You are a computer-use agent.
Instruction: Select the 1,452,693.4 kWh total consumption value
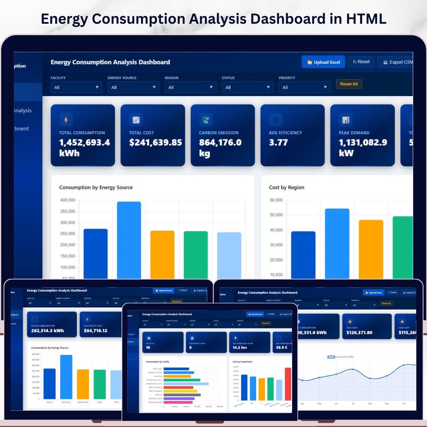85,147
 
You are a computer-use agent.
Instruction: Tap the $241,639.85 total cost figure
155,142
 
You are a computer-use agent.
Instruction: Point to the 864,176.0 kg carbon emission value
220,147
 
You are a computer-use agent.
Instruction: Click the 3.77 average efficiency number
278,142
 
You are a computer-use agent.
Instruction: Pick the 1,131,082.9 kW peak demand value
363,147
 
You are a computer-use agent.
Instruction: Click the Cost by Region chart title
286,187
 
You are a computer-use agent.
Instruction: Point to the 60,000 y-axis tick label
276,200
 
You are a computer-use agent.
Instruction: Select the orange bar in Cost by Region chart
371,249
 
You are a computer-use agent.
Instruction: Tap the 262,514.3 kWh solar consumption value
47,331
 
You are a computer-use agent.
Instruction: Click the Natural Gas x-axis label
83,402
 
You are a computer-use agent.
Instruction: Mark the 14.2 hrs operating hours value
239,348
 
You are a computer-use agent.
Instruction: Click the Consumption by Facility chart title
158,362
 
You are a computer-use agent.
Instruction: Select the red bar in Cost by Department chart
288,384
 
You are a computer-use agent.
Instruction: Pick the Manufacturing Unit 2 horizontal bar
186,384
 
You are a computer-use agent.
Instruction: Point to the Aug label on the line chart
370,404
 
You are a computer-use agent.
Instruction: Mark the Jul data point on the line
353,369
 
